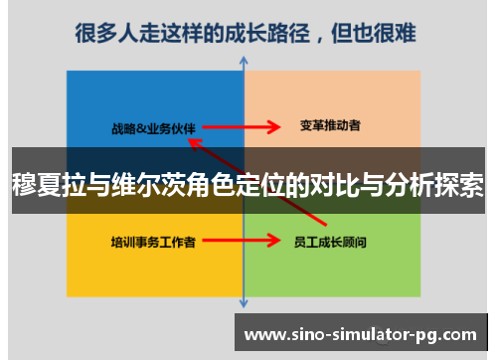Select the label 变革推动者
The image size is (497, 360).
330,126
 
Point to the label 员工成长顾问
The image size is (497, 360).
331,241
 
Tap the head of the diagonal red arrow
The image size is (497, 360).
194,141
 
